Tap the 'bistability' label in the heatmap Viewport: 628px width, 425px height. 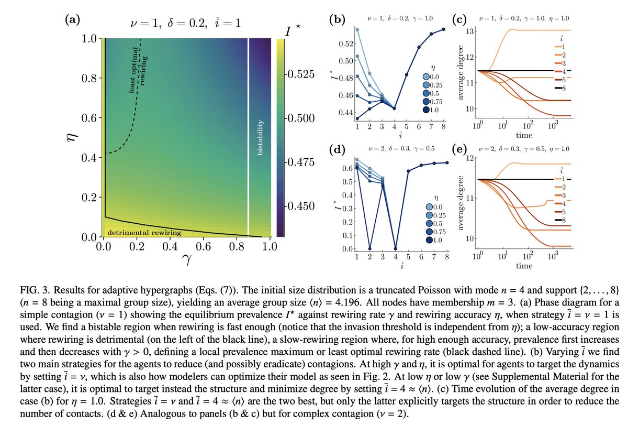point(260,137)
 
